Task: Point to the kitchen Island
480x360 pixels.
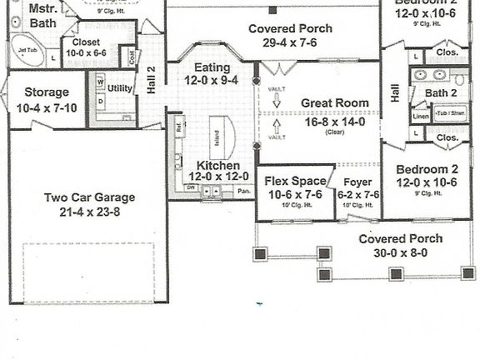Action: click(217, 137)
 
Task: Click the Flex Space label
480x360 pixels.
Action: click(293, 181)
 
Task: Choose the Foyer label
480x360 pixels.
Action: click(357, 181)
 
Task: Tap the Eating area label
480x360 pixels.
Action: click(212, 67)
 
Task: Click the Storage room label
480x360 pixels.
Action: click(46, 92)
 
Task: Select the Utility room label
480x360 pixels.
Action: click(121, 88)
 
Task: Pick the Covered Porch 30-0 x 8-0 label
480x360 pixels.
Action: click(400, 238)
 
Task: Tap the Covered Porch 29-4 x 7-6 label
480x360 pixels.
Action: click(290, 29)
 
